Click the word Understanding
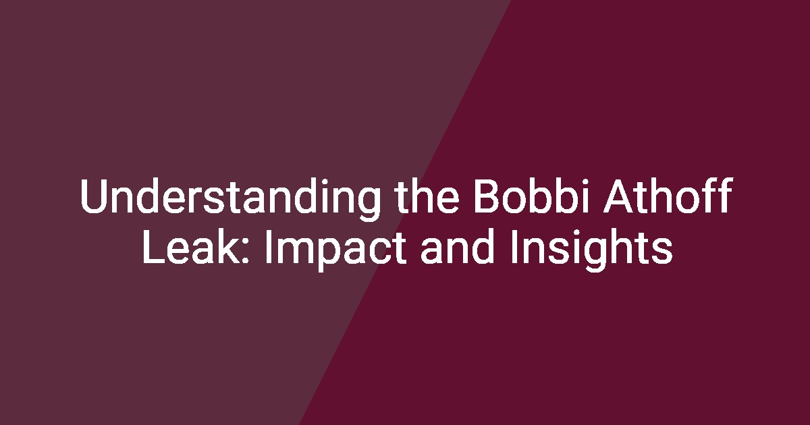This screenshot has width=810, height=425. (230, 198)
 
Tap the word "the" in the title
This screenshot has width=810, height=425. (427, 195)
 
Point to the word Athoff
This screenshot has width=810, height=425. (668, 195)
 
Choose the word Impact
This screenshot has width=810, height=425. (336, 250)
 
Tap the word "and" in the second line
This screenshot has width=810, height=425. (458, 246)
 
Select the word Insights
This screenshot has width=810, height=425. (591, 250)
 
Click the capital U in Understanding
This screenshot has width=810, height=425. (94, 196)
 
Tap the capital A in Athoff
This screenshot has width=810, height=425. (618, 196)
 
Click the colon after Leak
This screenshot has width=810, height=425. (244, 251)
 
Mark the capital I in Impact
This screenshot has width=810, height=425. (269, 247)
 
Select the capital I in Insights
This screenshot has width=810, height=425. (514, 247)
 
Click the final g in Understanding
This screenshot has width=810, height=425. (368, 204)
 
